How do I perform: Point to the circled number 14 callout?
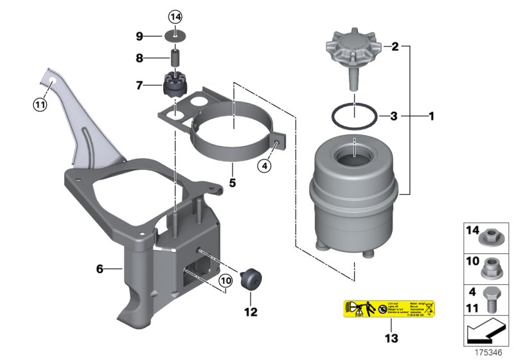click(x=175, y=15)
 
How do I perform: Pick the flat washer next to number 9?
click(x=175, y=35)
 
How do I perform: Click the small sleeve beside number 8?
click(x=174, y=57)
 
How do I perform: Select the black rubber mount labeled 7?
click(x=174, y=84)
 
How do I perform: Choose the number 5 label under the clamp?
click(x=233, y=183)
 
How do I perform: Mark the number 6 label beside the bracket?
click(x=100, y=269)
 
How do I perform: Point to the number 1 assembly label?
click(x=431, y=116)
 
